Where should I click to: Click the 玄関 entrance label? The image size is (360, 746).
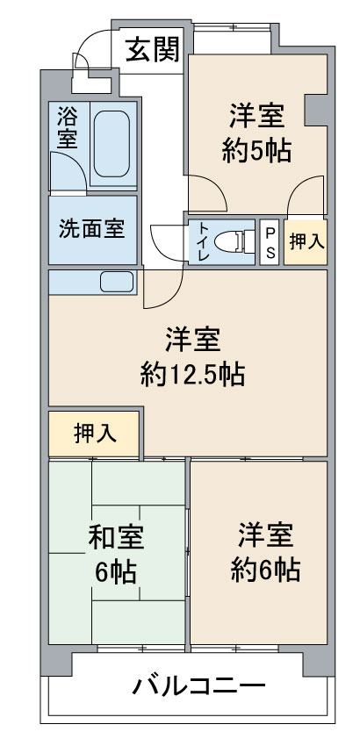point(153,50)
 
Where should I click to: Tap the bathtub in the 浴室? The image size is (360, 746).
point(112,144)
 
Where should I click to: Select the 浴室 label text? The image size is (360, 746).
point(67,127)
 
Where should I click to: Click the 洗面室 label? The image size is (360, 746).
point(92,230)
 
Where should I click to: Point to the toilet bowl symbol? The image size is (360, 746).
point(234,241)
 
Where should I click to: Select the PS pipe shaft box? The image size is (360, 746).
point(270,241)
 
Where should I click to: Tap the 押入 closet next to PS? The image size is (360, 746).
point(306,241)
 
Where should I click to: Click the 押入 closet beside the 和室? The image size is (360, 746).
point(95,434)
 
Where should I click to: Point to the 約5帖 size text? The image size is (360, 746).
point(256,151)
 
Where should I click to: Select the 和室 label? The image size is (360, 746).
point(116,539)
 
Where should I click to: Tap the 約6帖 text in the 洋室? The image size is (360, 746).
point(266,569)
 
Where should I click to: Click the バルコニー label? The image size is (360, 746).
point(198,687)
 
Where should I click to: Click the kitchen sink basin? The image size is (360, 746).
point(117,282)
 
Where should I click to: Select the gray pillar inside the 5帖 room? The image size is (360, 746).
point(315,111)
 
